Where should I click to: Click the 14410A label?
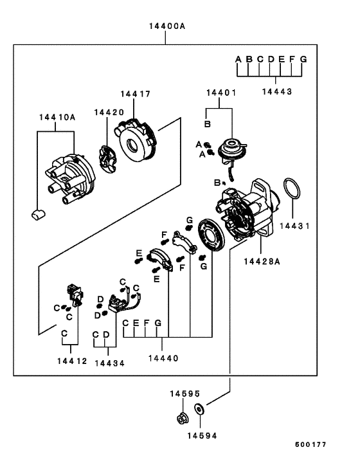57,118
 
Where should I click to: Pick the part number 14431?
296,226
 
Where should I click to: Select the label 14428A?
262,260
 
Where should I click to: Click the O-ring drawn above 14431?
292,190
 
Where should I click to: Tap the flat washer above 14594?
200,409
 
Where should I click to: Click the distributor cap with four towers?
68,177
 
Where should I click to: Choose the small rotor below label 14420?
107,160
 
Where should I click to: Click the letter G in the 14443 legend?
303,60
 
